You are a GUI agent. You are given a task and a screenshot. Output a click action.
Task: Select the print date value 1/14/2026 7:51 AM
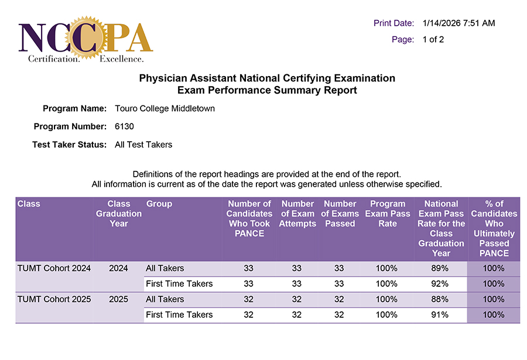click(x=458, y=23)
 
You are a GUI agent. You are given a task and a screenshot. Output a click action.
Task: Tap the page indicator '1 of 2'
click(x=433, y=40)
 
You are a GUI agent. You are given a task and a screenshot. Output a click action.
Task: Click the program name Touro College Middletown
click(x=165, y=109)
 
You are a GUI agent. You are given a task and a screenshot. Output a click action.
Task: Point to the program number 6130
click(x=125, y=126)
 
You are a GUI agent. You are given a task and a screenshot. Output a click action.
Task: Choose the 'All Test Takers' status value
click(x=143, y=145)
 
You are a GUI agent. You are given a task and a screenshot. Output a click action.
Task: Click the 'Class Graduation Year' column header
click(x=119, y=214)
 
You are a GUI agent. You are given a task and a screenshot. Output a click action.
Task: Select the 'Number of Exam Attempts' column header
click(x=297, y=214)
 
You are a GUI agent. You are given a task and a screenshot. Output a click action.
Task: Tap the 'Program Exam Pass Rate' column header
click(x=387, y=214)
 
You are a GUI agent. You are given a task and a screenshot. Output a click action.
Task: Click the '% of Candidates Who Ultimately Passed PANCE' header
click(x=494, y=228)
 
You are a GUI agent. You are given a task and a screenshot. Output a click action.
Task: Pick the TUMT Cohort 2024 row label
click(x=54, y=269)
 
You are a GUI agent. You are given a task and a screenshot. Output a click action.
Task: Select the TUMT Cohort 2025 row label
click(x=54, y=299)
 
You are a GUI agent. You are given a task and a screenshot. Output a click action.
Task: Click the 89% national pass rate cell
click(x=440, y=269)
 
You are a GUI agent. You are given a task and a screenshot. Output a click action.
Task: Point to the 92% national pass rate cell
click(x=440, y=284)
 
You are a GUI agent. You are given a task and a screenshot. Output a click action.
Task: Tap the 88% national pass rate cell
click(x=440, y=299)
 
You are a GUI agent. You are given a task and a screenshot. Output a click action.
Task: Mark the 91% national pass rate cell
click(x=440, y=315)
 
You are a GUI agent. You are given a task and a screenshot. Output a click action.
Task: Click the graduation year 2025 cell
click(x=118, y=299)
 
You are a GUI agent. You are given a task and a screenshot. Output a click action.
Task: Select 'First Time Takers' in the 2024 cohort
click(x=179, y=284)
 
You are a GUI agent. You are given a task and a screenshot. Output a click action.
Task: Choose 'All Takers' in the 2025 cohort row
click(x=165, y=299)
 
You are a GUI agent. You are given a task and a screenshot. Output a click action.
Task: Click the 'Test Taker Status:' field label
click(x=69, y=145)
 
